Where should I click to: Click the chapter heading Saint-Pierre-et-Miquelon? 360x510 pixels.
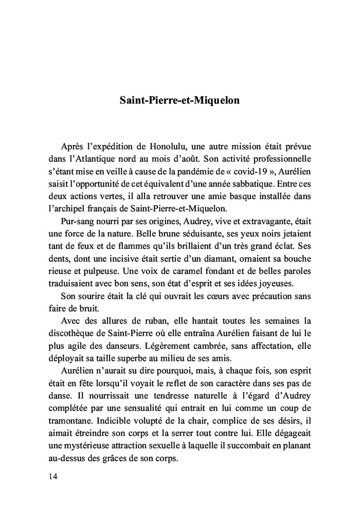(x=179, y=100)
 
